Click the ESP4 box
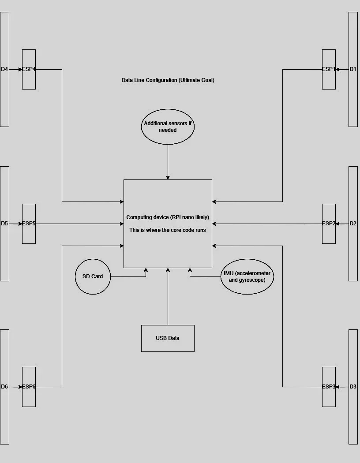pos(29,69)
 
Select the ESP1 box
pos(329,69)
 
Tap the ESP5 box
pos(29,224)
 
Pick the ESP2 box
pos(329,224)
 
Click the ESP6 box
pos(29,387)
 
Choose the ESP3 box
pos(329,387)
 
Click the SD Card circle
pos(93,276)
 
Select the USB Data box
pos(168,338)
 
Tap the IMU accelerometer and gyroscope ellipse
pos(247,276)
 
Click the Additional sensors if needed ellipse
pos(168,127)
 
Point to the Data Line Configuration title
pos(168,80)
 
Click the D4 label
pos(4,69)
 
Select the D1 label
pos(353,69)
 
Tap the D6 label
pos(4,387)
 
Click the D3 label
pos(353,387)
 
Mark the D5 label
pos(4,224)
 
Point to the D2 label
pos(353,224)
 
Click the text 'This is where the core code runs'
pos(168,230)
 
